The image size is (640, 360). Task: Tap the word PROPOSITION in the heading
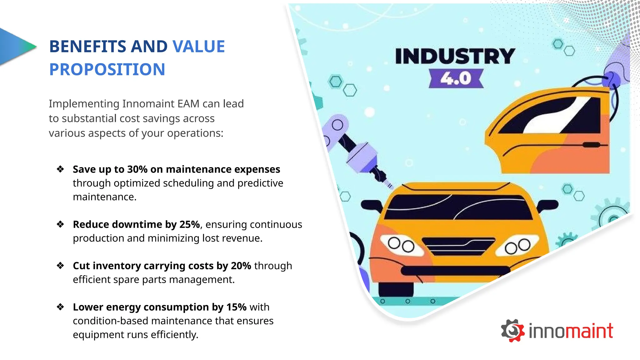[107, 69]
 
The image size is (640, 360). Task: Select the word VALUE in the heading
[199, 47]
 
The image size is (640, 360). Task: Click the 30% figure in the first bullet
[137, 169]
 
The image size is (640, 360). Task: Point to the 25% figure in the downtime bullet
[190, 224]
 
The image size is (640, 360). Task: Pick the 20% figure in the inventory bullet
[241, 266]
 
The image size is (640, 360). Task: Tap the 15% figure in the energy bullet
[237, 307]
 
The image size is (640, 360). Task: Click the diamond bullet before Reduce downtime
[60, 224]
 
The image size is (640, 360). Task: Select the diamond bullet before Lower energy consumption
[60, 307]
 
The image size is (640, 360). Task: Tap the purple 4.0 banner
[456, 78]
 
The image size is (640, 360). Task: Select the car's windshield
[458, 207]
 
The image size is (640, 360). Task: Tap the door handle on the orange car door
[591, 145]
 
